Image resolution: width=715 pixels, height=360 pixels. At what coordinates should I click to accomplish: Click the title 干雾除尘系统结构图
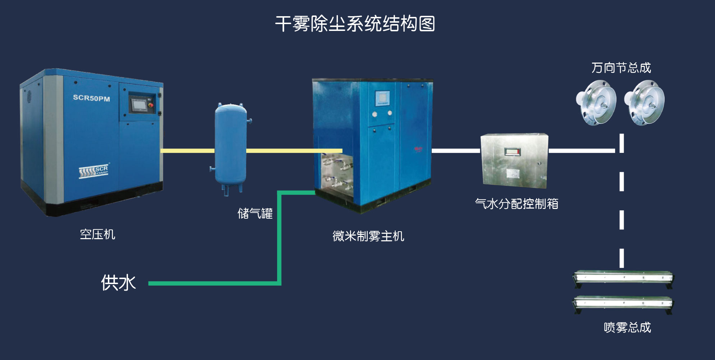355,24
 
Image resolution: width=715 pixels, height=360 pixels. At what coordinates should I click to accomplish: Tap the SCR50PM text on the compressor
91,98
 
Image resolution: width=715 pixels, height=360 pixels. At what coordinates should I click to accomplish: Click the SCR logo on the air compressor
93,171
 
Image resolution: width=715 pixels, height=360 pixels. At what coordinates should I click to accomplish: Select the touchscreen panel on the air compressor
139,105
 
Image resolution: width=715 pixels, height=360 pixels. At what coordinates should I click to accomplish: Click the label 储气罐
255,214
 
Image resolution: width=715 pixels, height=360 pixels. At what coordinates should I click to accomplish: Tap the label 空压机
97,234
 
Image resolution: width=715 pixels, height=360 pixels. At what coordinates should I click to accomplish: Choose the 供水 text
118,283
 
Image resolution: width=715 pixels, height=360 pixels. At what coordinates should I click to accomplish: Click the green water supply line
216,283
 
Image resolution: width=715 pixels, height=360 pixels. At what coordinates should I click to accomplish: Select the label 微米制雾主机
368,236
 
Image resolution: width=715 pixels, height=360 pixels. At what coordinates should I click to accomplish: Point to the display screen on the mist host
382,98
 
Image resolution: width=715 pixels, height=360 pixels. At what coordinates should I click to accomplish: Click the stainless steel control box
514,160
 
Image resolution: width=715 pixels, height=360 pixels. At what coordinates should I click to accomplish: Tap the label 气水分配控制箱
516,204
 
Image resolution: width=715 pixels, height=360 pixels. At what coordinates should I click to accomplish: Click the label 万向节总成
621,68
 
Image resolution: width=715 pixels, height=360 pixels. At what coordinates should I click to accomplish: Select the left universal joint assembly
596,102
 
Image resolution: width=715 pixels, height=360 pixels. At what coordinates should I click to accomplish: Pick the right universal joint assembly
644,102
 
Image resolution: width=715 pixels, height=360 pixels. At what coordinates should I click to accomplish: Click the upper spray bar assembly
623,278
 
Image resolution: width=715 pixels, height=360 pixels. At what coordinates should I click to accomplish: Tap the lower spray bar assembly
623,303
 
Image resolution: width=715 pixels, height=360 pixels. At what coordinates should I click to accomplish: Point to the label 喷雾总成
627,327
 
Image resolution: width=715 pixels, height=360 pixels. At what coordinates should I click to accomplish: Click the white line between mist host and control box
456,150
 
